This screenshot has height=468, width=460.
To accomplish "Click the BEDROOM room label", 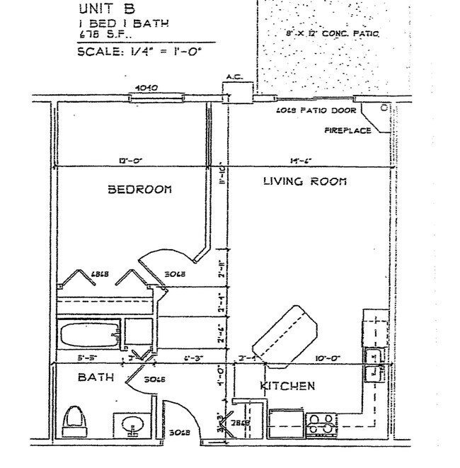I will tap(140, 190).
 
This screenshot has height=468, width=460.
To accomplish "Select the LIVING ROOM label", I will tap(305, 182).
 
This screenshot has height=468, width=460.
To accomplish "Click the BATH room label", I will tap(96, 378).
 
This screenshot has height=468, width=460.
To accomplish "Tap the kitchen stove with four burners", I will tap(323, 424).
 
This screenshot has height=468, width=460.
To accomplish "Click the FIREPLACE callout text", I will tap(347, 130).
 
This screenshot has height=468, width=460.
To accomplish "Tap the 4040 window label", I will tap(145, 89).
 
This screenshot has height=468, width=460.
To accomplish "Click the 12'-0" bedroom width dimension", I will tap(129, 161).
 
